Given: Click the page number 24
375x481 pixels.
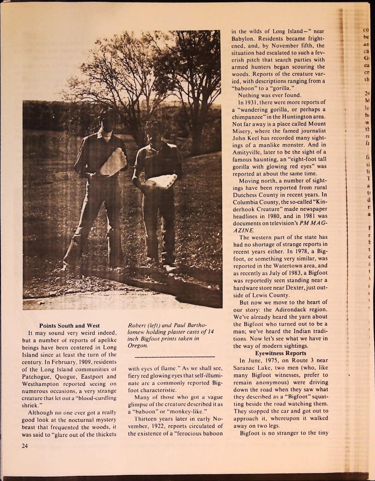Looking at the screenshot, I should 24,446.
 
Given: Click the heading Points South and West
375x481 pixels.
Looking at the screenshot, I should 69,326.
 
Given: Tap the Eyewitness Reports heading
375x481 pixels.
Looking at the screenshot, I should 280,353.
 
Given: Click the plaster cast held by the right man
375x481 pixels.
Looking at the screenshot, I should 161,181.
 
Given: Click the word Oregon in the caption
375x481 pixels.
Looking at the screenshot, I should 138,345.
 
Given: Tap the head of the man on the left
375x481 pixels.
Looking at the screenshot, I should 108,121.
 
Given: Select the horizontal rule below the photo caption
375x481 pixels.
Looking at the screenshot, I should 171,356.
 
